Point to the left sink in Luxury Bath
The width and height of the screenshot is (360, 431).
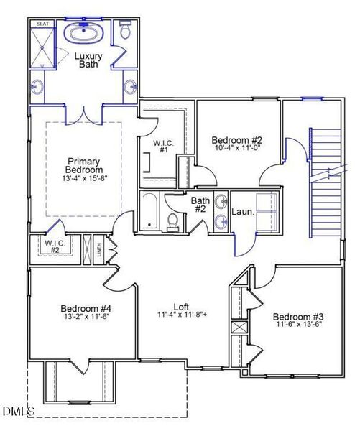[x=37, y=88]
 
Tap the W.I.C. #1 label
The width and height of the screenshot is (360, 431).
[x=160, y=146]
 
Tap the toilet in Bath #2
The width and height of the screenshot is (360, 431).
[x=172, y=222]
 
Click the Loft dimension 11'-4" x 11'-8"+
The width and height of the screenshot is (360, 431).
[x=181, y=314]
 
